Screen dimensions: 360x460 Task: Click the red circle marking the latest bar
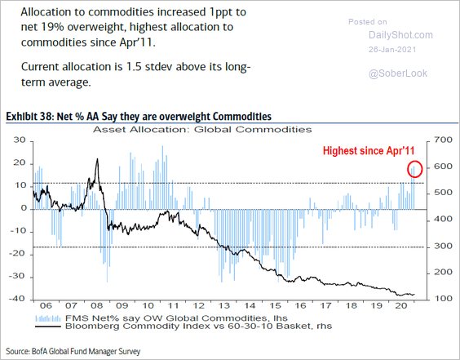415,169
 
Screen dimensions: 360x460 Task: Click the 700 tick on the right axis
441,140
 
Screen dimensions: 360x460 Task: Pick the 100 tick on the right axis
441,299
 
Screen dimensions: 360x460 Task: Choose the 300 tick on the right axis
441,246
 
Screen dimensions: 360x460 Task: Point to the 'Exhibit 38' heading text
31,117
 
